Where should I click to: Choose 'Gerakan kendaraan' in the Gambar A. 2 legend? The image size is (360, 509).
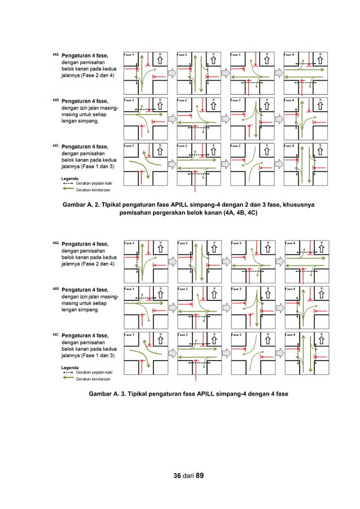pos(93,190)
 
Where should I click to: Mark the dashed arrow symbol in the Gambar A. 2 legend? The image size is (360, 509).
pos(68,183)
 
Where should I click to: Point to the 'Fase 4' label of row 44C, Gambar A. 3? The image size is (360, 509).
pos(288,335)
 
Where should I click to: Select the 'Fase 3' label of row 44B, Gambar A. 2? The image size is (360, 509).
pos(235,100)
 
